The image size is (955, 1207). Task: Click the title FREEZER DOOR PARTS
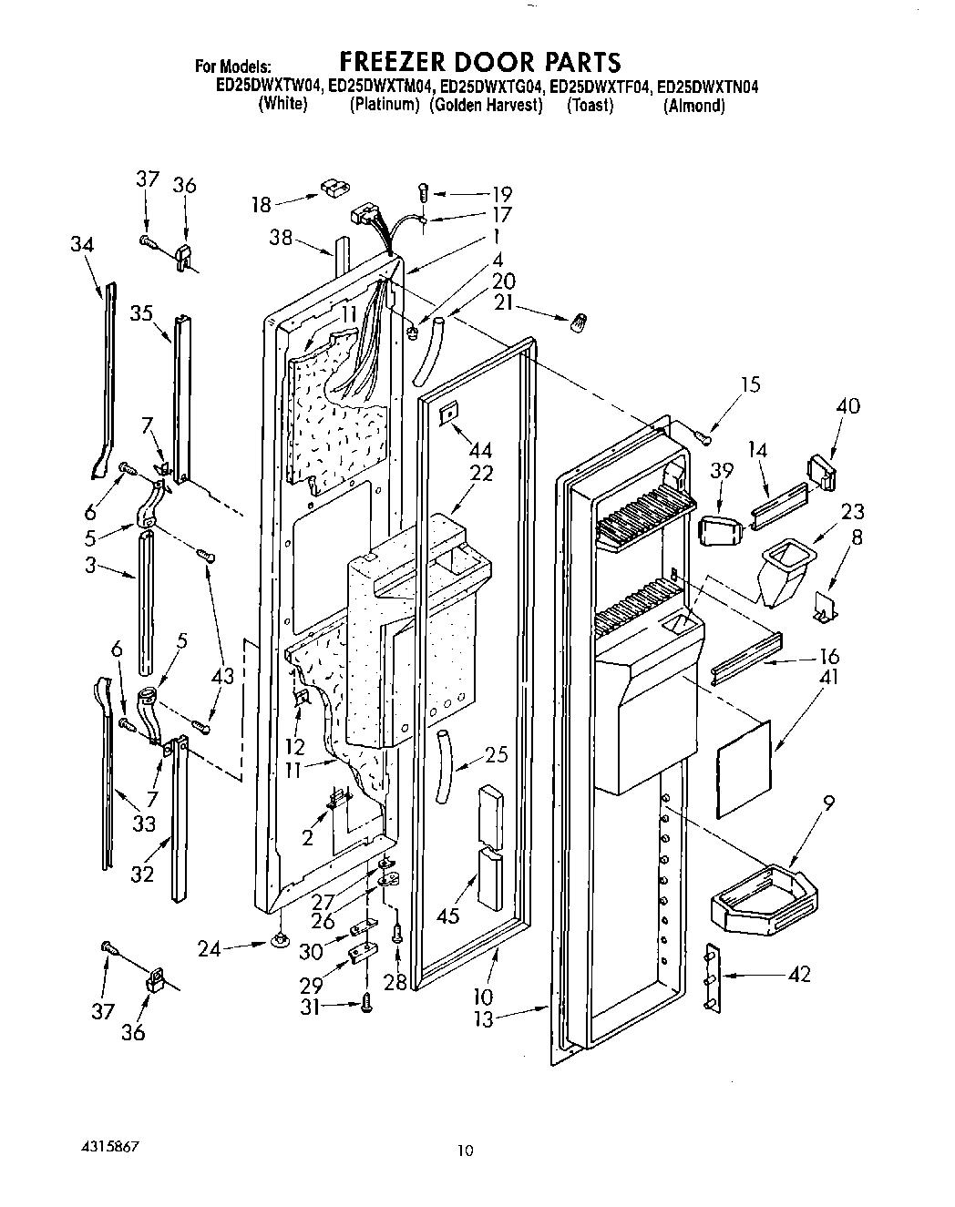(x=479, y=62)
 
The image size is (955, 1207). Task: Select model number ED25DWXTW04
(x=269, y=87)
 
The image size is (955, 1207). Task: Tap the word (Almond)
(x=694, y=106)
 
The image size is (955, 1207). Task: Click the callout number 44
(x=481, y=451)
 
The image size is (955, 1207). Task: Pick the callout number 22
(x=481, y=474)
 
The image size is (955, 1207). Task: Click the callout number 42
(x=798, y=975)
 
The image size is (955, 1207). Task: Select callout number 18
(x=262, y=205)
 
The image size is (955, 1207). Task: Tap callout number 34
(x=82, y=244)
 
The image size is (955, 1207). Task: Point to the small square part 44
(x=447, y=415)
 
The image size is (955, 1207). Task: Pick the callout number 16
(x=828, y=657)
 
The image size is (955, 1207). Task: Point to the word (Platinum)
(x=385, y=106)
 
